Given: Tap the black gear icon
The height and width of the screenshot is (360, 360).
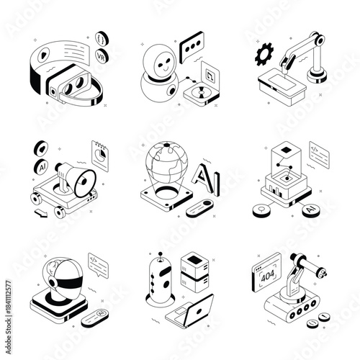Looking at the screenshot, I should (x=261, y=55).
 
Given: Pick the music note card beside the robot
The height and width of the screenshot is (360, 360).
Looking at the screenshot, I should (x=210, y=73).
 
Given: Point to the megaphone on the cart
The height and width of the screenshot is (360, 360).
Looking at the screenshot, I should (x=75, y=175).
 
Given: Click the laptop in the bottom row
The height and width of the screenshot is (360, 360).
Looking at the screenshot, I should (x=190, y=308).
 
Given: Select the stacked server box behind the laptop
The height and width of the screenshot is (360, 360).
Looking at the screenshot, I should (x=193, y=274).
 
